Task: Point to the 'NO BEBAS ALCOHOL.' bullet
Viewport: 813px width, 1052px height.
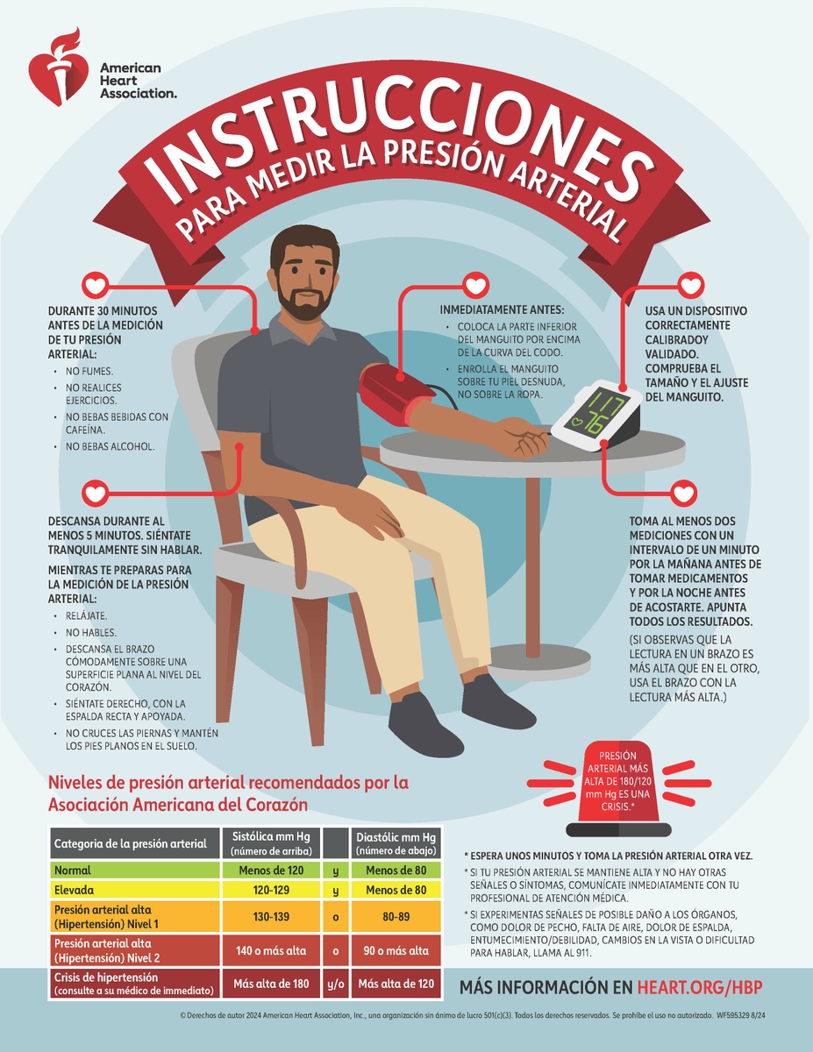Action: click(x=111, y=446)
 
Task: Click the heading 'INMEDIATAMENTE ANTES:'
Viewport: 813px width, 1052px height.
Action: click(x=501, y=309)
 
